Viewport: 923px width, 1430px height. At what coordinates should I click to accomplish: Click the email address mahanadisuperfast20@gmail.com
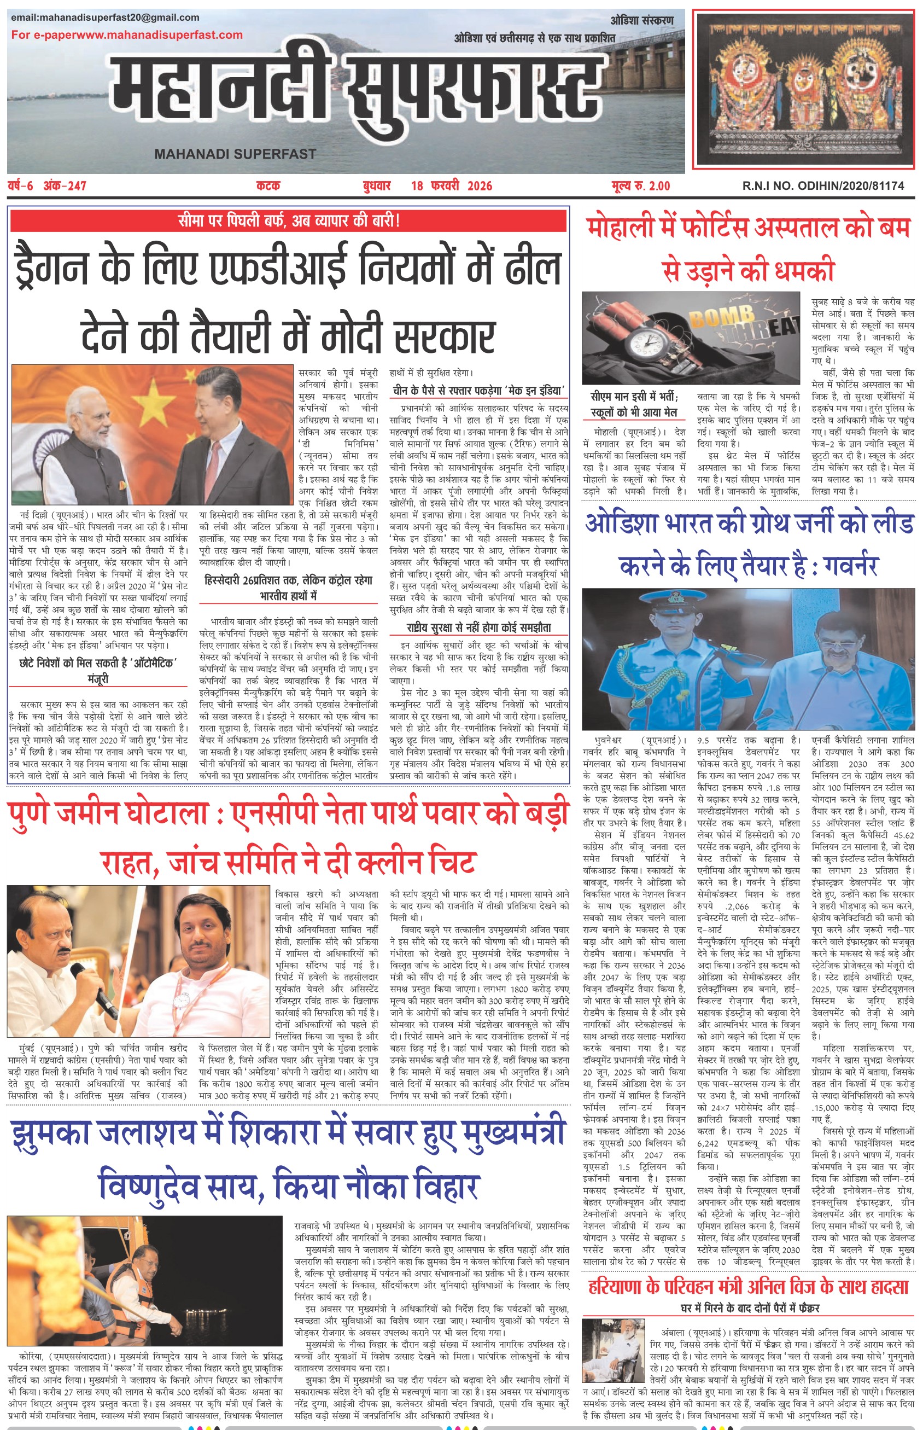(105, 18)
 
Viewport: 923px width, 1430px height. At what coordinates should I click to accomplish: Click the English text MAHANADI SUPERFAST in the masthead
(235, 154)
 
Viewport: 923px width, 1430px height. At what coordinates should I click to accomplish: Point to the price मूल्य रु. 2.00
(641, 186)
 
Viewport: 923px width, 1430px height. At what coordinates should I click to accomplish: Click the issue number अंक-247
(65, 186)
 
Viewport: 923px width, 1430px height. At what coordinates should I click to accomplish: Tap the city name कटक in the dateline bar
(268, 186)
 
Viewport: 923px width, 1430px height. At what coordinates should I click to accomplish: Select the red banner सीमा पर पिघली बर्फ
(288, 220)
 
